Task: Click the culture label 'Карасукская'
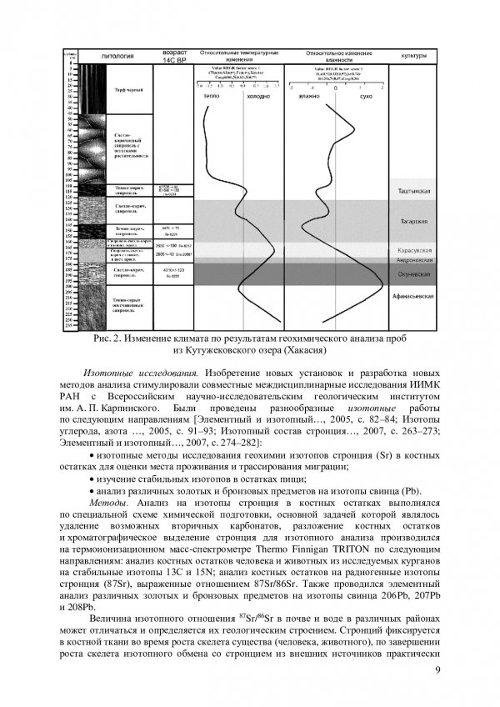click(413, 250)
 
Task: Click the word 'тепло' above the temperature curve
click(212, 97)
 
